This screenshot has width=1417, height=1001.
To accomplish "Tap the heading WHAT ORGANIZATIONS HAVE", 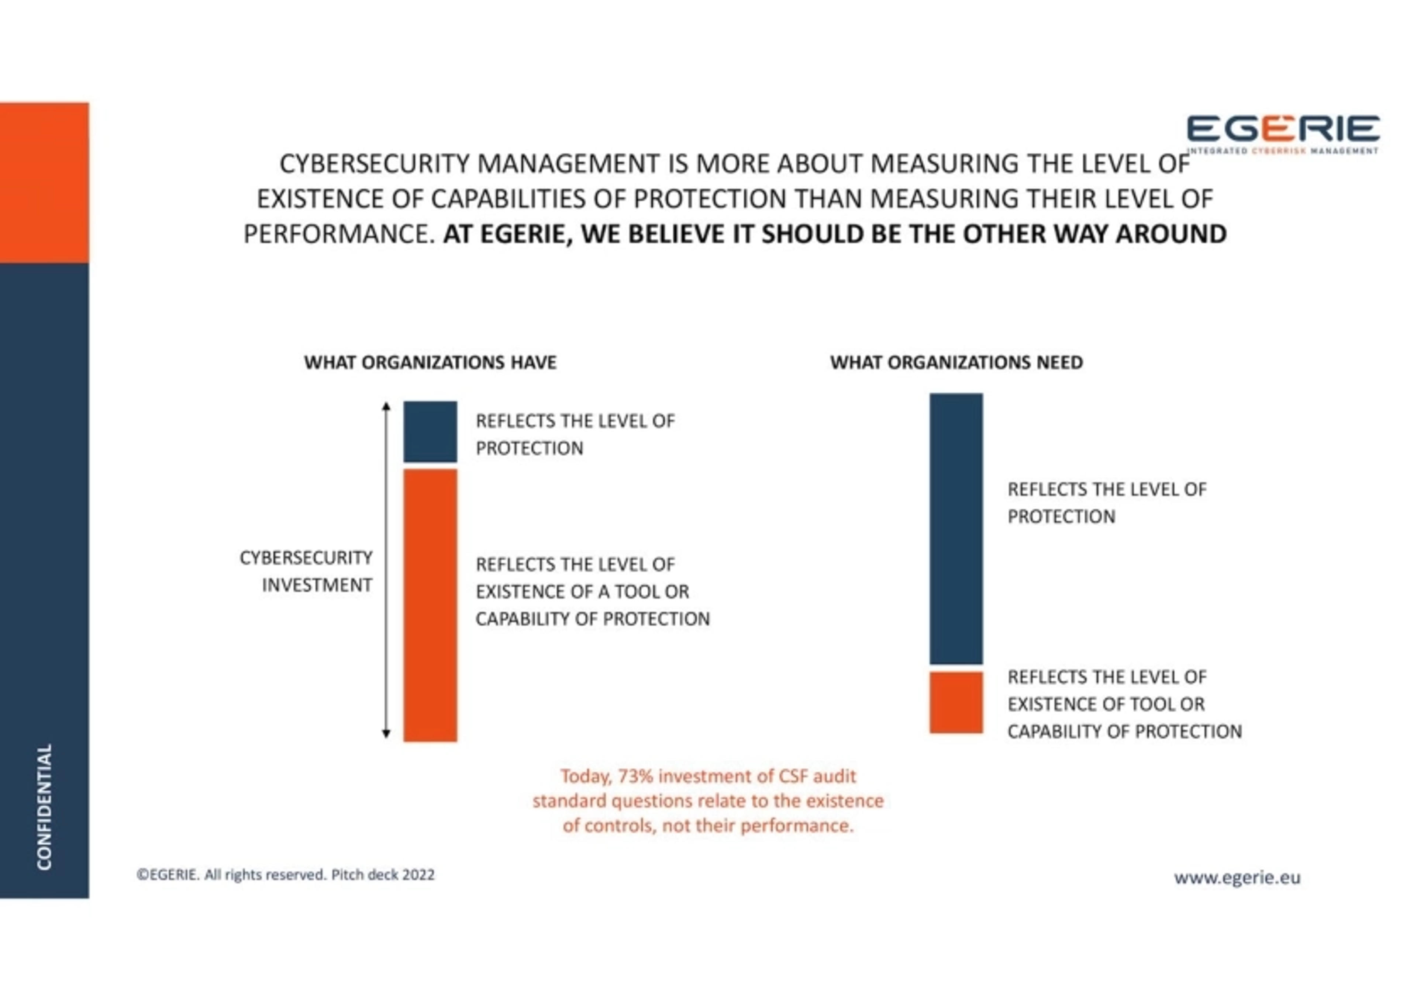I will pyautogui.click(x=430, y=363).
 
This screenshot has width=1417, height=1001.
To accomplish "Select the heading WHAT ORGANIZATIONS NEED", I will pyautogui.click(x=956, y=363).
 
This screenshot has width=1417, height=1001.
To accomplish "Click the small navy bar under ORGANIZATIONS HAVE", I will pyautogui.click(x=430, y=432).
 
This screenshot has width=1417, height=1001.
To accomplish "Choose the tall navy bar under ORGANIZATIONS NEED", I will pyautogui.click(x=956, y=529).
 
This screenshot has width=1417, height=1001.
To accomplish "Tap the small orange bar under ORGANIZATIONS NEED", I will pyautogui.click(x=956, y=702).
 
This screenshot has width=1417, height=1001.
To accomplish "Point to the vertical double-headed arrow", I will pyautogui.click(x=386, y=570).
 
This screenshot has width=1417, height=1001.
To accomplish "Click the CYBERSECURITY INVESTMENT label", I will pyautogui.click(x=306, y=571).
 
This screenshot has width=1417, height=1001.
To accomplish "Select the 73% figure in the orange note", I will pyautogui.click(x=636, y=776).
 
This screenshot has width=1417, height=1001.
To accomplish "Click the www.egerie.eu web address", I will pyautogui.click(x=1237, y=877).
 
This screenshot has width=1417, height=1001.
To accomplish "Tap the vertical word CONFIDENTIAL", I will pyautogui.click(x=44, y=807).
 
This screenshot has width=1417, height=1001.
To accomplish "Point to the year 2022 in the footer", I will pyautogui.click(x=418, y=875).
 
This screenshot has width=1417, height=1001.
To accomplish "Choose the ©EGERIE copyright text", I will pyautogui.click(x=168, y=875).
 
